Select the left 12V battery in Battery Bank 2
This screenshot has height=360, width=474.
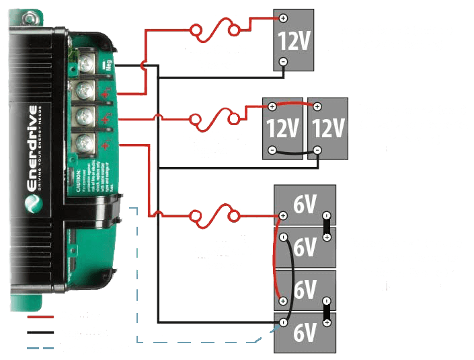click(x=282, y=128)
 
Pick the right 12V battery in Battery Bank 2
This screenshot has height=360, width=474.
click(x=327, y=128)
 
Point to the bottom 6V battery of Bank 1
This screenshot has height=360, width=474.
click(x=305, y=332)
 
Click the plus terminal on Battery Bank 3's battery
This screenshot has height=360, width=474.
click(x=283, y=19)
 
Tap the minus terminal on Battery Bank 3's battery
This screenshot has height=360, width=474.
click(x=283, y=62)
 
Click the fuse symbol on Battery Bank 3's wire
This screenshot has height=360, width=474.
click(x=215, y=31)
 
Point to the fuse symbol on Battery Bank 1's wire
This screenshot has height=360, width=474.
click(x=215, y=217)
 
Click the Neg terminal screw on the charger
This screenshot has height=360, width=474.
click(x=86, y=66)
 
